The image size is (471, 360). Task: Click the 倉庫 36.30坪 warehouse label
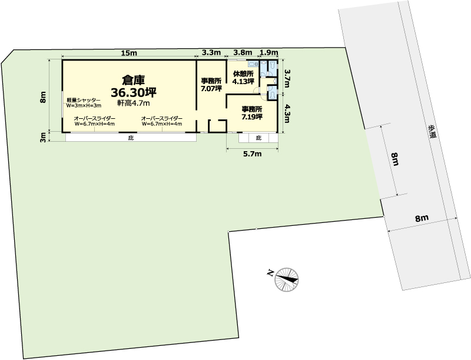tap(134, 86)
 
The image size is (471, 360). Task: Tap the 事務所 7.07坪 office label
tap(211, 85)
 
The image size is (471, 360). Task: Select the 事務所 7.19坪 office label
tap(252, 113)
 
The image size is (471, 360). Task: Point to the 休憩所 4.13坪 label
tap(243, 78)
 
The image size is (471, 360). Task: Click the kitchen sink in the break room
tap(253, 64)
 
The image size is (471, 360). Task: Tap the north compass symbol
tap(287, 279)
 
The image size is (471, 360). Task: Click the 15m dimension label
tap(129, 53)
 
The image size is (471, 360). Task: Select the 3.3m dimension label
tap(211, 53)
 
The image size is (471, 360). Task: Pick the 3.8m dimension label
tap(243, 53)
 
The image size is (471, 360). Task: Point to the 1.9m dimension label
tap(268, 53)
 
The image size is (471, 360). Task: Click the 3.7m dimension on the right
tap(287, 78)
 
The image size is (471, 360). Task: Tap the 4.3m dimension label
tap(287, 114)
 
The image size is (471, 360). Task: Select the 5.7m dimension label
tap(252, 154)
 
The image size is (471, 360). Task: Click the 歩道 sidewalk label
tap(433, 131)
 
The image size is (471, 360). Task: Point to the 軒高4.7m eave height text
tap(134, 103)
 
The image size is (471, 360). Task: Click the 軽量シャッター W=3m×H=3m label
tap(84, 103)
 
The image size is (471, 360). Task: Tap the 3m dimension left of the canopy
tap(43, 138)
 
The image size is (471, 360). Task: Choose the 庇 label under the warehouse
tap(130, 138)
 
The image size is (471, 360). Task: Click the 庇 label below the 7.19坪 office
tap(258, 138)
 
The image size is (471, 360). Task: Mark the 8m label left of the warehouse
tap(43, 97)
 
